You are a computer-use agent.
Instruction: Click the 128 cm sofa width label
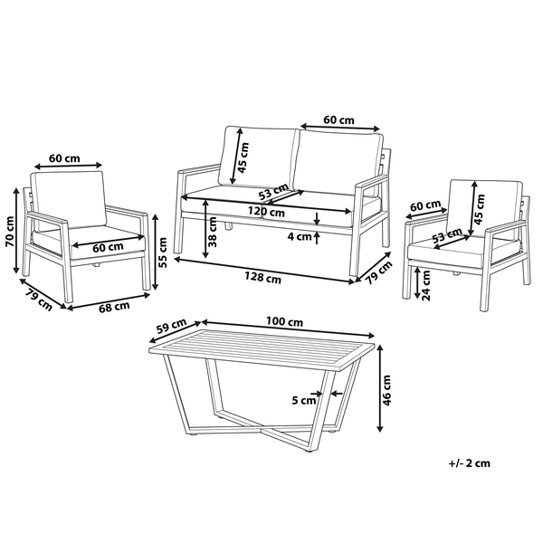click(x=262, y=278)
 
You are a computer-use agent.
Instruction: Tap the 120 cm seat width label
click(x=266, y=211)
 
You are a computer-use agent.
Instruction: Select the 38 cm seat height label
click(x=213, y=232)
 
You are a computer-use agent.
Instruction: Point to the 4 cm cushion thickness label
click(x=300, y=237)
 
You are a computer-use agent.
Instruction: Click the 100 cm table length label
click(x=284, y=321)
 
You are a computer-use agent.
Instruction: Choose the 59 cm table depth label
click(x=171, y=326)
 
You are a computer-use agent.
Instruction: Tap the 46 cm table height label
click(x=386, y=390)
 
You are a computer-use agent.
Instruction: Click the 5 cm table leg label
click(x=304, y=401)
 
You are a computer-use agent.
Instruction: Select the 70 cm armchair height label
click(x=10, y=232)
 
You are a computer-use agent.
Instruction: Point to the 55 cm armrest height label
click(x=162, y=252)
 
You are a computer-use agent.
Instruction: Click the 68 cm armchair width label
click(x=114, y=307)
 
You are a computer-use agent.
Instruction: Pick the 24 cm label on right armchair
click(x=425, y=285)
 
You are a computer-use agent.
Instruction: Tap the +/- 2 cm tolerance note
click(x=470, y=463)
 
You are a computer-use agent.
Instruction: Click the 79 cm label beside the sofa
click(x=379, y=272)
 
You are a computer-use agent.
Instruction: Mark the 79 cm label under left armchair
click(x=39, y=300)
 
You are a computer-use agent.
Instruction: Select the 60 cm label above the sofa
click(x=339, y=120)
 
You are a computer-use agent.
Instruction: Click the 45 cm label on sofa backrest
click(x=243, y=157)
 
